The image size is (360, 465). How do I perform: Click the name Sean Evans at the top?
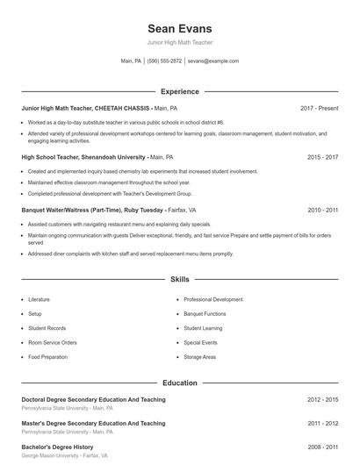click(x=180, y=29)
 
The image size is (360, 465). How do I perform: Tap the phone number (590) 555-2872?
click(x=165, y=61)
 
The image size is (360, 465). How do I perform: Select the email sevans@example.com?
click(x=213, y=61)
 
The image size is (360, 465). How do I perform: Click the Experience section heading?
click(x=180, y=91)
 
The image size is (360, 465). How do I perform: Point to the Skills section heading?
click(x=180, y=280)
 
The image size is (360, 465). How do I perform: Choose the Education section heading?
click(x=180, y=383)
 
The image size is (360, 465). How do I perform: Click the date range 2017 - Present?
click(x=319, y=108)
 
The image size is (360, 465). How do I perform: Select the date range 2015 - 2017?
click(x=322, y=157)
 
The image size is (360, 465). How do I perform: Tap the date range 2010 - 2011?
click(x=322, y=211)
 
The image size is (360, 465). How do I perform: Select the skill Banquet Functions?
click(x=205, y=313)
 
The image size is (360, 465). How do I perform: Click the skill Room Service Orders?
click(x=53, y=342)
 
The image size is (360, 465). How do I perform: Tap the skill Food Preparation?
click(x=47, y=357)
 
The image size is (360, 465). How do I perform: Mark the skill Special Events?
click(x=200, y=342)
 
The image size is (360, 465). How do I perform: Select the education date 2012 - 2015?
click(x=322, y=399)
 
